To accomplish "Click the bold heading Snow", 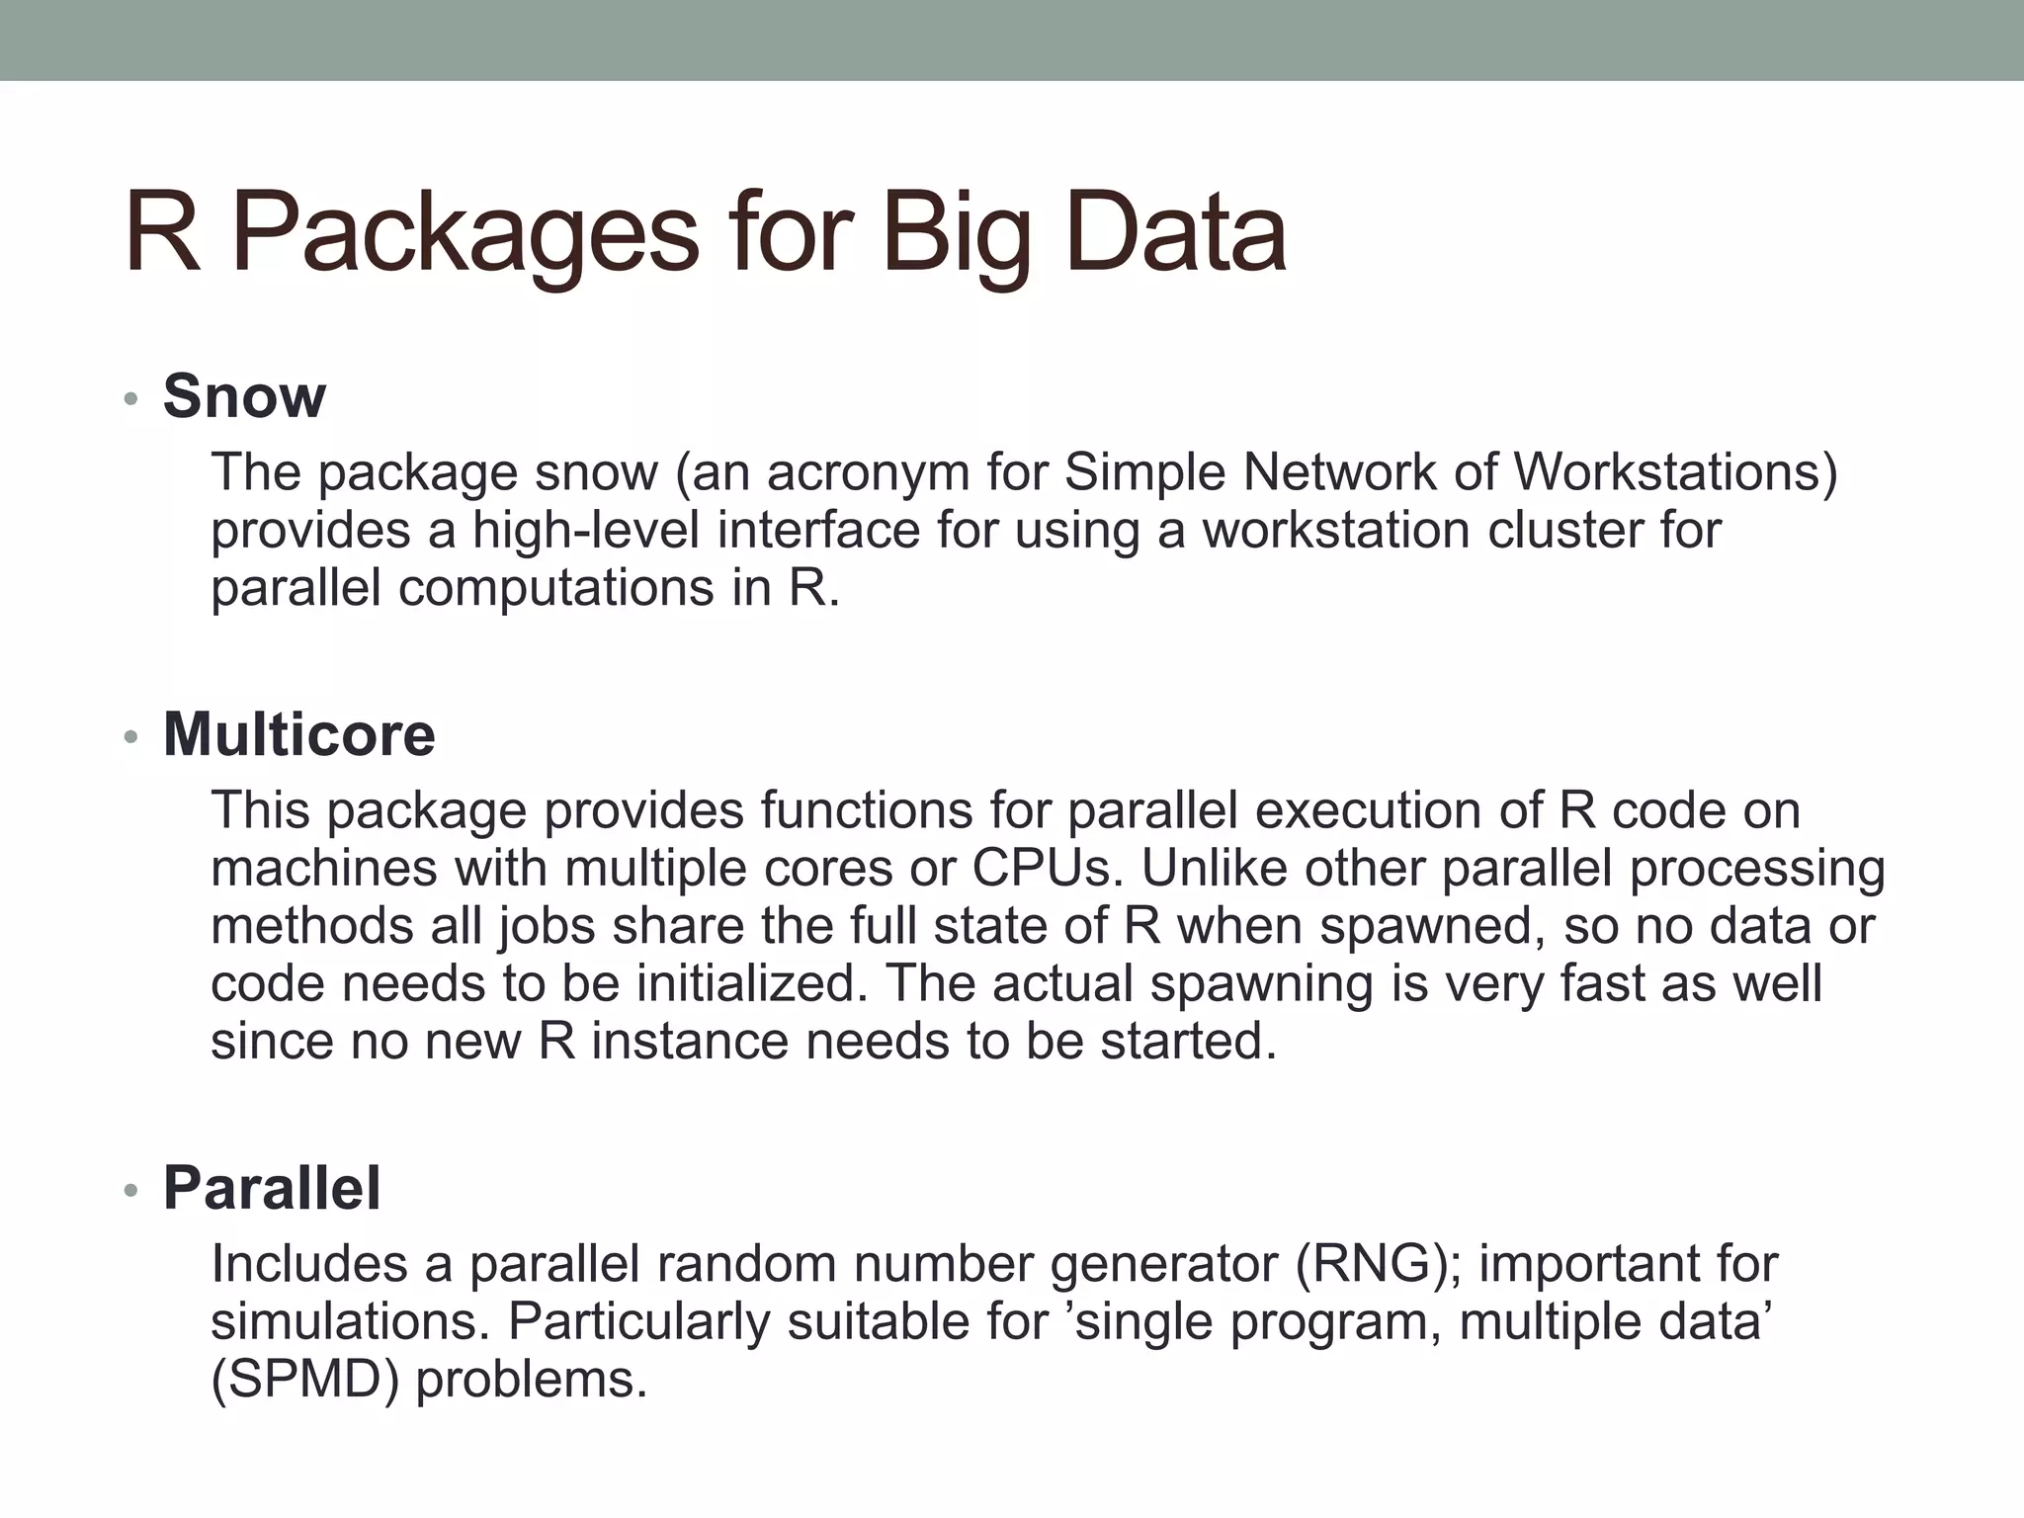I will (x=244, y=396).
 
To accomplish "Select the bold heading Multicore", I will (x=298, y=735).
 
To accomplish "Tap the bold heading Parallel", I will (x=272, y=1188).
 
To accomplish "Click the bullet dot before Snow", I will (x=129, y=400).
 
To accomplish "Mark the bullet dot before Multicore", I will (x=129, y=738).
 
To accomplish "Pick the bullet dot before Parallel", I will (x=129, y=1191).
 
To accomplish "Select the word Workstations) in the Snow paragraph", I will (x=1675, y=471).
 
